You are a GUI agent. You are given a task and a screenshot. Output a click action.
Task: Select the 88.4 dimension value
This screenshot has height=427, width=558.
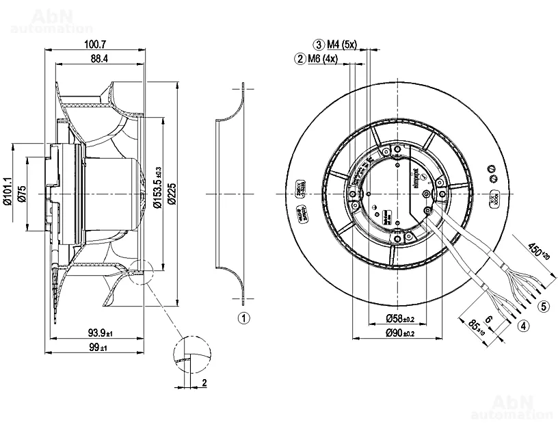tap(99, 60)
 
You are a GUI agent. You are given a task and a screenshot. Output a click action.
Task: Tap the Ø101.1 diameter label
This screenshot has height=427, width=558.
tap(8, 191)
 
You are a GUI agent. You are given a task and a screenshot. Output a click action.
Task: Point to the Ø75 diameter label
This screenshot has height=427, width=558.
tap(22, 194)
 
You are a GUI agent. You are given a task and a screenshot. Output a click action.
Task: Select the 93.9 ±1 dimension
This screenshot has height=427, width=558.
tap(98, 333)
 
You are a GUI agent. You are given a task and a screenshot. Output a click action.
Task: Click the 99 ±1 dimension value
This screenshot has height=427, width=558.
tap(99, 348)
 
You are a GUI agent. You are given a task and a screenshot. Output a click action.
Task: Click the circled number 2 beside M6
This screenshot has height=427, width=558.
tap(300, 59)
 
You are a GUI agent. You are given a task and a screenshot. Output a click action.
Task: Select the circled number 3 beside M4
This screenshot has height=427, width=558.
tap(319, 44)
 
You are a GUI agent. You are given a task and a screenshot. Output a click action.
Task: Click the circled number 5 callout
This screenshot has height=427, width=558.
tap(544, 306)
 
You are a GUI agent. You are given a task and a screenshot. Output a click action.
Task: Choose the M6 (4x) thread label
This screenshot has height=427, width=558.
tap(323, 59)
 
